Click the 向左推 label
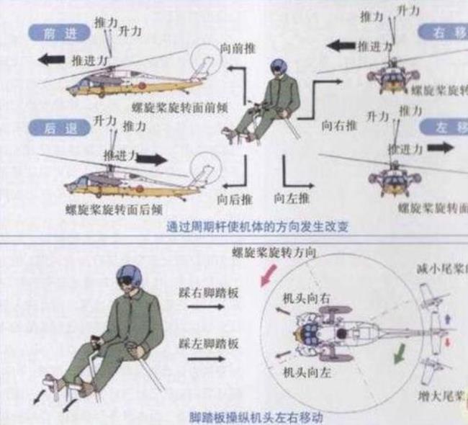click(x=292, y=197)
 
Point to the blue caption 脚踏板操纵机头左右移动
click(x=256, y=417)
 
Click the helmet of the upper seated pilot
click(x=279, y=66)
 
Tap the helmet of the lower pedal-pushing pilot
click(x=130, y=274)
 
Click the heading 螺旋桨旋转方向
click(x=275, y=251)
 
